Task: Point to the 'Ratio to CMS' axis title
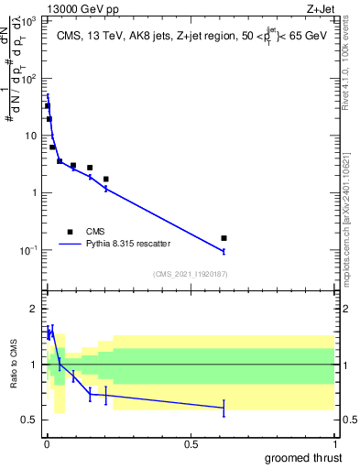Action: coord(16,364)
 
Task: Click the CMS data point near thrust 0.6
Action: coord(224,238)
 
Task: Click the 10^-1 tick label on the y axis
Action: coord(30,250)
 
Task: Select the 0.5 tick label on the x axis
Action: coord(191,444)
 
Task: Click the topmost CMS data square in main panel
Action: coord(48,106)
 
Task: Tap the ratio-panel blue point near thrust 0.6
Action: coord(224,408)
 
